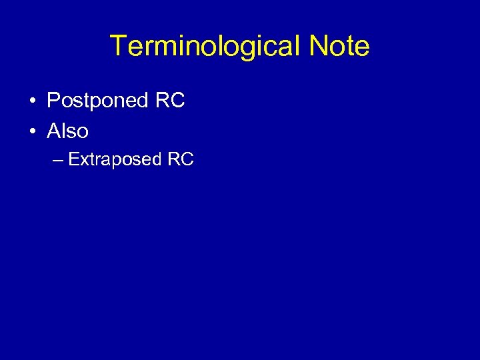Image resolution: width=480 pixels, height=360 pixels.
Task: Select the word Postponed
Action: click(x=97, y=101)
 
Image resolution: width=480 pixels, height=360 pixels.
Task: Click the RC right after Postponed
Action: click(x=169, y=101)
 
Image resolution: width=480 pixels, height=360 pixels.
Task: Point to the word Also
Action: click(x=67, y=131)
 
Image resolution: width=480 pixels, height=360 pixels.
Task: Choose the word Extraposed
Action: click(x=115, y=160)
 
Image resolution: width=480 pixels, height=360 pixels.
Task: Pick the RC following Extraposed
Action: click(x=180, y=160)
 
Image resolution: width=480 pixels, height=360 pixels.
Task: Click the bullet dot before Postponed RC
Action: click(x=32, y=101)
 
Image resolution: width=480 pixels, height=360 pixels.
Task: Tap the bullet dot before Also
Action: click(x=32, y=132)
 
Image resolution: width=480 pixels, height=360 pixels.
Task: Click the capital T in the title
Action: click(x=118, y=47)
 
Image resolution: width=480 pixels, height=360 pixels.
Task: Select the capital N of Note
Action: click(x=319, y=47)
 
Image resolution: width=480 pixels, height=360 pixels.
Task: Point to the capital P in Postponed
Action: click(x=53, y=101)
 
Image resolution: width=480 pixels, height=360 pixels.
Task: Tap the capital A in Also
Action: click(x=54, y=131)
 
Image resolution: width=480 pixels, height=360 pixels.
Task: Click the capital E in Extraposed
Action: click(x=73, y=160)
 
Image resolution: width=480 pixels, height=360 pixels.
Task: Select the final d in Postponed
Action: click(x=141, y=101)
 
